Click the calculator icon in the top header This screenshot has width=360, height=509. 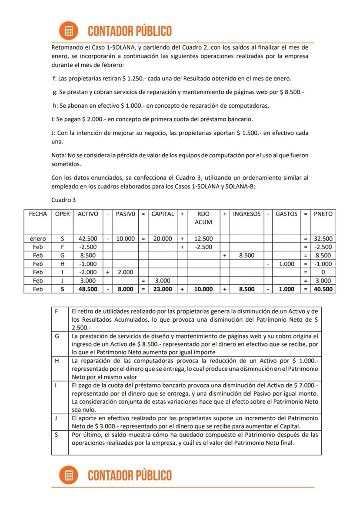click(x=68, y=31)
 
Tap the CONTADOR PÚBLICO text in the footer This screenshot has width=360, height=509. click(x=130, y=475)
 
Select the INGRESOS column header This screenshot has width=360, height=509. click(x=247, y=214)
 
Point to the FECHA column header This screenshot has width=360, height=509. click(x=38, y=214)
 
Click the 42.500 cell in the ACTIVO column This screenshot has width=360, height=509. click(x=87, y=239)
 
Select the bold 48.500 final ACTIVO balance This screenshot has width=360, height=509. click(x=87, y=289)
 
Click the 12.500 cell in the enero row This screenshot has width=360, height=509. click(x=203, y=239)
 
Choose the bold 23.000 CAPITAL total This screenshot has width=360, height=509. click(x=163, y=289)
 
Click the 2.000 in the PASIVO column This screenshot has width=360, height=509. click(x=125, y=272)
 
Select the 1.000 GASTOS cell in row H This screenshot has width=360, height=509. click(x=287, y=264)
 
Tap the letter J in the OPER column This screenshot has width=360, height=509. click(x=62, y=281)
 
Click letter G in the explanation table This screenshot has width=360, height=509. click(x=57, y=336)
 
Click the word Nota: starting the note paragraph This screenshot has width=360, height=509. click(x=59, y=155)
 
